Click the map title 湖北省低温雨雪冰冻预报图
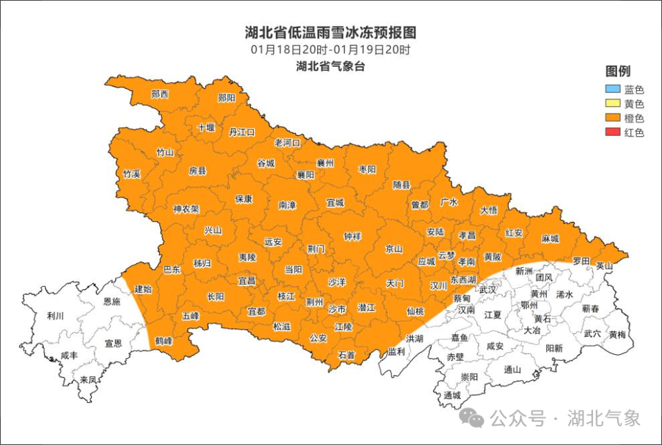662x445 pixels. (x=330, y=32)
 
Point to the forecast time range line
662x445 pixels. (x=330, y=50)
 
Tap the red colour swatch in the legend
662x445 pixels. (x=611, y=132)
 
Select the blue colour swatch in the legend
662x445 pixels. (x=611, y=89)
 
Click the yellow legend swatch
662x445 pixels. (x=611, y=103)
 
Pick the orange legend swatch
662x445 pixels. (x=611, y=118)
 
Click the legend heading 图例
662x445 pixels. (x=617, y=72)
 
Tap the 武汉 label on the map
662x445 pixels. (x=488, y=289)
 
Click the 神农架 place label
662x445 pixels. (x=185, y=209)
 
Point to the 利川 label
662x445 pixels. (x=55, y=316)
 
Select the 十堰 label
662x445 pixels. (x=206, y=127)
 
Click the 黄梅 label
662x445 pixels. (x=617, y=335)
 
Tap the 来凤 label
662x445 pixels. (x=88, y=380)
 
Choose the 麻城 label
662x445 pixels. (x=550, y=238)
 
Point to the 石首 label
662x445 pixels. (x=346, y=355)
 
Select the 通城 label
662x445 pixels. (x=452, y=395)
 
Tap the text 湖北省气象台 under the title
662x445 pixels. (x=330, y=67)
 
